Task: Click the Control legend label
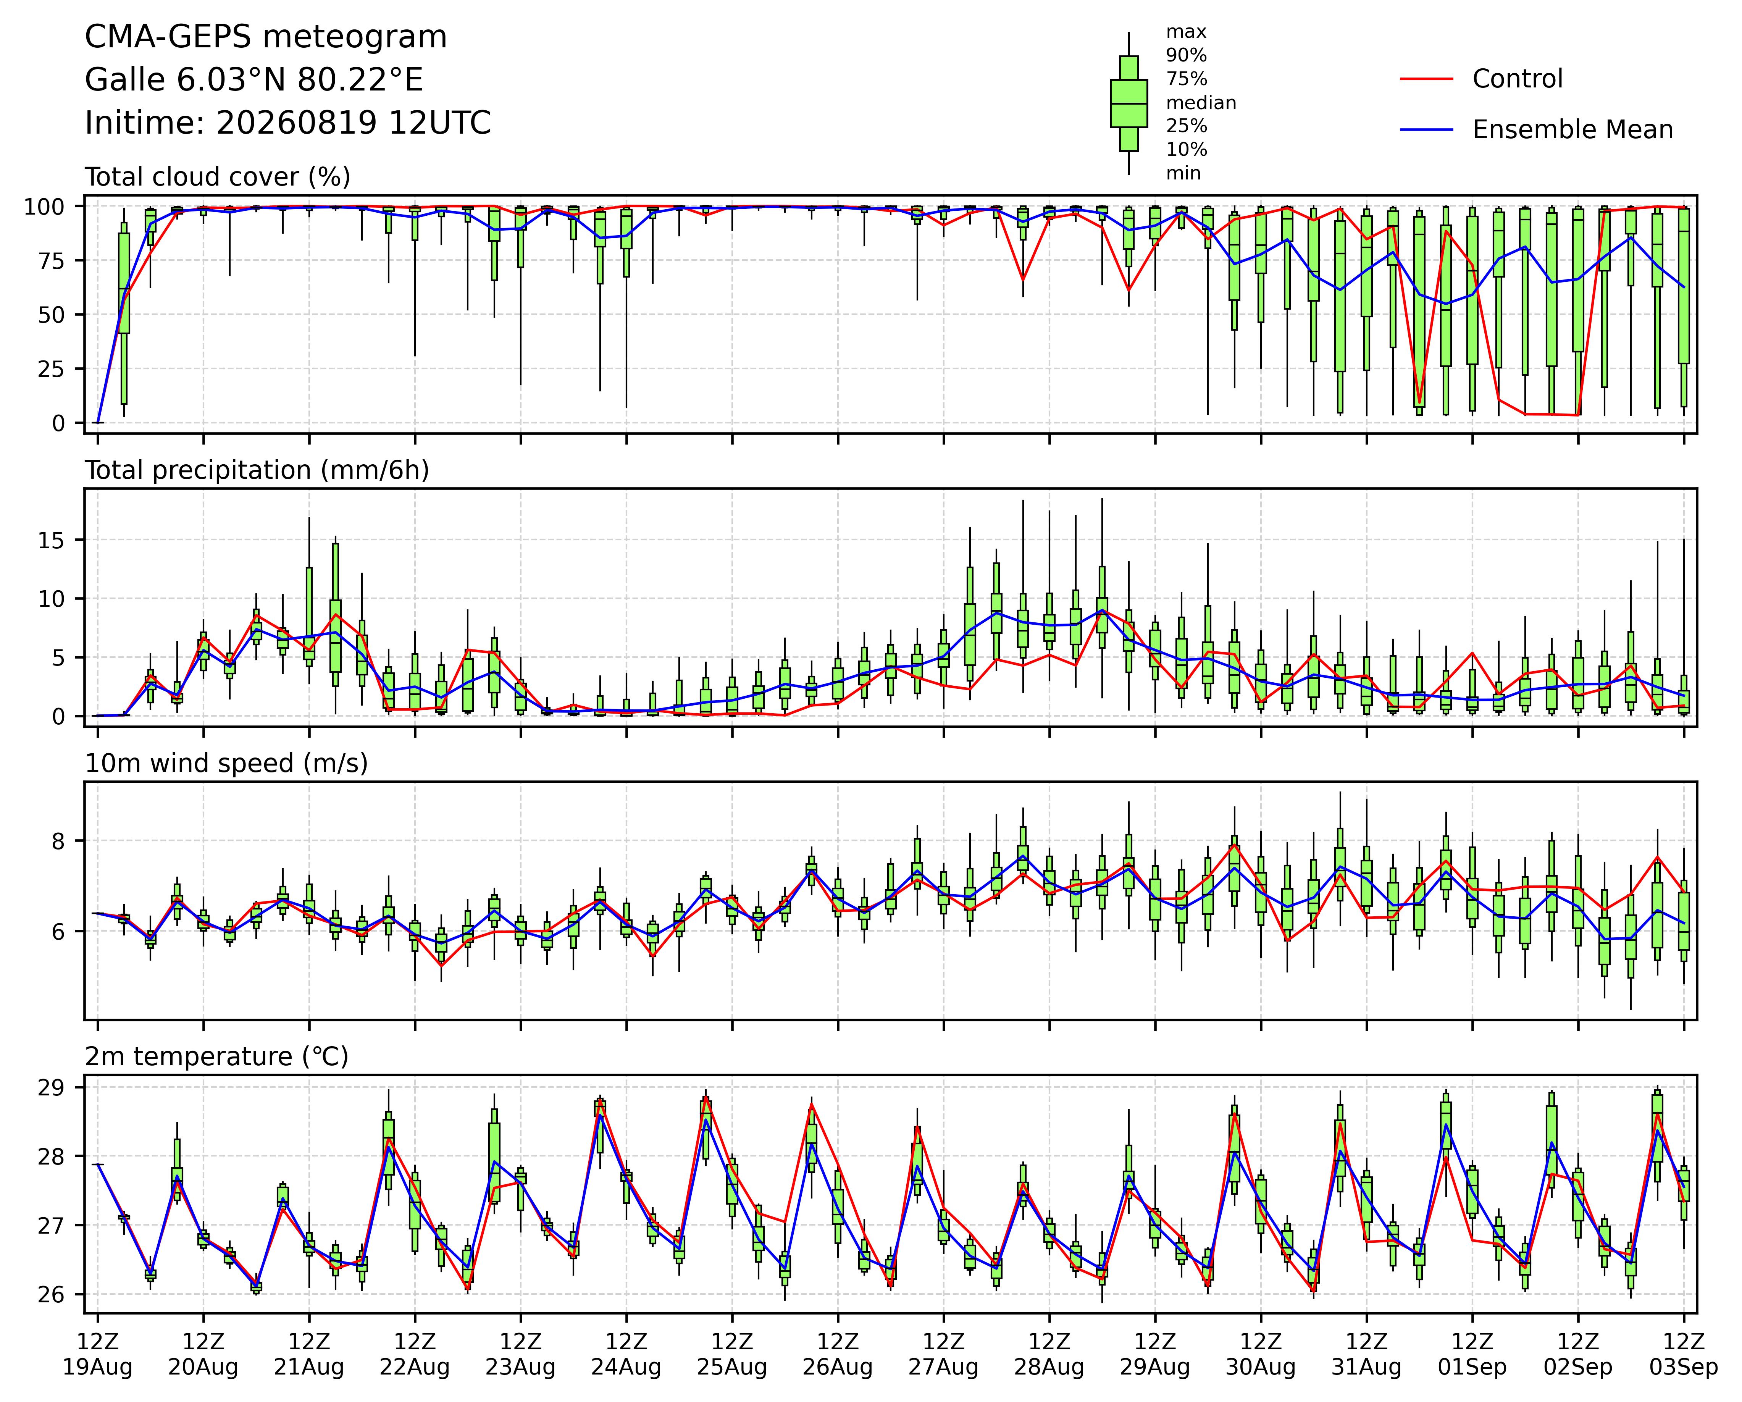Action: click(x=1518, y=79)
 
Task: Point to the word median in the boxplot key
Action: click(x=1201, y=103)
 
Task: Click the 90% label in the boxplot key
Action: click(x=1186, y=56)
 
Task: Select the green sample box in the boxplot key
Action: click(x=1129, y=103)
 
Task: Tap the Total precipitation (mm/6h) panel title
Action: click(x=257, y=470)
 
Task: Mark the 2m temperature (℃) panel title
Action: click(x=216, y=1057)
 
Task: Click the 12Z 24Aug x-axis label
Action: click(x=626, y=1354)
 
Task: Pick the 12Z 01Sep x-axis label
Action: click(x=1472, y=1354)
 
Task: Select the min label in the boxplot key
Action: click(x=1183, y=173)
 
